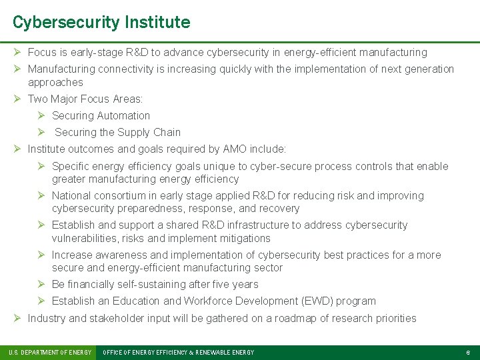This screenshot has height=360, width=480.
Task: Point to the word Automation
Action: pyautogui.click(x=125, y=116)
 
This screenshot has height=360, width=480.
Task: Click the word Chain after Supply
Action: pyautogui.click(x=167, y=133)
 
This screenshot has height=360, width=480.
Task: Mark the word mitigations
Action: pyautogui.click(x=245, y=239)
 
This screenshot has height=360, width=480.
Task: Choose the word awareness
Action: pyautogui.click(x=120, y=255)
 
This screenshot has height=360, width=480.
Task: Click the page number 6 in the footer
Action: pyautogui.click(x=468, y=353)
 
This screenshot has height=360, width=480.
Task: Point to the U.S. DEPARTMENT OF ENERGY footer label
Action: pyautogui.click(x=49, y=353)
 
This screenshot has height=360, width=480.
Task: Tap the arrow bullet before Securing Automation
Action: pyautogui.click(x=41, y=116)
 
